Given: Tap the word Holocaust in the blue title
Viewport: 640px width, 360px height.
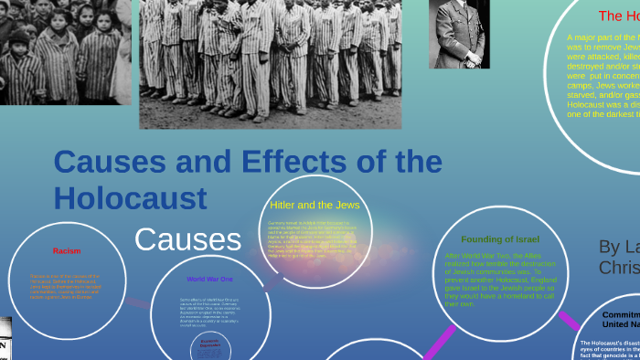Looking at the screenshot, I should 130,197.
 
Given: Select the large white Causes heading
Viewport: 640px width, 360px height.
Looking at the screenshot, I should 187,239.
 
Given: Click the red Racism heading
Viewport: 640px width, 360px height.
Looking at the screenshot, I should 68,250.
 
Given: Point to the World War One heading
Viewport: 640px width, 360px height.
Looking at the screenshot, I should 209,279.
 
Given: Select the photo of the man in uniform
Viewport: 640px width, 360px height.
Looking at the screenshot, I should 460,34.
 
